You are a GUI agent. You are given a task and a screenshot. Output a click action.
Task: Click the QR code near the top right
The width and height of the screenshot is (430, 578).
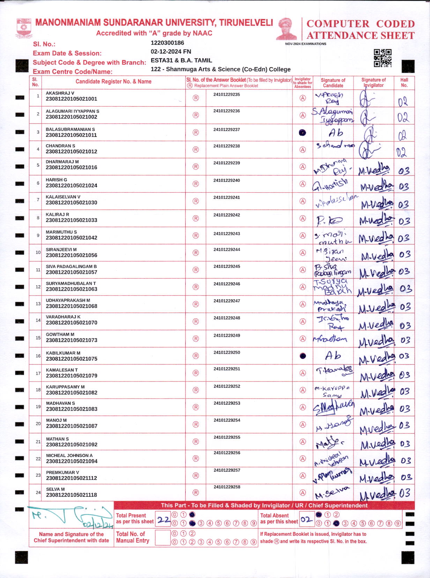(383, 58)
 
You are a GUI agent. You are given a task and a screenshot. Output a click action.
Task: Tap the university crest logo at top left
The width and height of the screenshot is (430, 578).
(24, 28)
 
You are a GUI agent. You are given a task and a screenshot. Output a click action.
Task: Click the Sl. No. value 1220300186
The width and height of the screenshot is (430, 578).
(167, 43)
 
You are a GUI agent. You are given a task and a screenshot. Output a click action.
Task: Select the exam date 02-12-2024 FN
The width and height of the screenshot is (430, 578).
(171, 52)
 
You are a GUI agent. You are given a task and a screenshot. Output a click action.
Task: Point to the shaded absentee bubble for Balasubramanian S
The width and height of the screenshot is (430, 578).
(303, 133)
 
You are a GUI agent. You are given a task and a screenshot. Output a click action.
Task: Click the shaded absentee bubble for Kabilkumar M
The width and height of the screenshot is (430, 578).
(303, 356)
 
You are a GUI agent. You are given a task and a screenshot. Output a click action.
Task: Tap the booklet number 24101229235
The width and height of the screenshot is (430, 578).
(227, 95)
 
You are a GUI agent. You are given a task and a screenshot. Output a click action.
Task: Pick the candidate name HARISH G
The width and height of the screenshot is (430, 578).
(56, 180)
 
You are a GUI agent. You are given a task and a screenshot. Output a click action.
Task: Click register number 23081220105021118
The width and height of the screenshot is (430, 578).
(72, 495)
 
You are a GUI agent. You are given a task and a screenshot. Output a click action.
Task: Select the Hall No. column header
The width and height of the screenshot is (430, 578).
(404, 82)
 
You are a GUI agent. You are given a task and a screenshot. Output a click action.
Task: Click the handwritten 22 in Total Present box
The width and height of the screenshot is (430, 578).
(163, 520)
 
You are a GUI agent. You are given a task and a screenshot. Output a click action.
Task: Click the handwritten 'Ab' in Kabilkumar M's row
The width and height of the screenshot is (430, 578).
(333, 356)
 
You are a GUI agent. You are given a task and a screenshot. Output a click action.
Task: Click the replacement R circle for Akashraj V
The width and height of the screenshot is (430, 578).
(196, 98)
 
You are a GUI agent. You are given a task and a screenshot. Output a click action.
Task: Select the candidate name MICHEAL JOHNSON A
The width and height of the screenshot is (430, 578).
(69, 455)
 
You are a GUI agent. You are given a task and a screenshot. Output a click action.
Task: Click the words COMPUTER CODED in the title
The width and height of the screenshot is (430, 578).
(360, 24)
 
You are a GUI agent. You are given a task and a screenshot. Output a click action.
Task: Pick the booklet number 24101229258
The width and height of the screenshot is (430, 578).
(227, 487)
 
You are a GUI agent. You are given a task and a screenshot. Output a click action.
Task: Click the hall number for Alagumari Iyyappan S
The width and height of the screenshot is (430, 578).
(403, 118)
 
